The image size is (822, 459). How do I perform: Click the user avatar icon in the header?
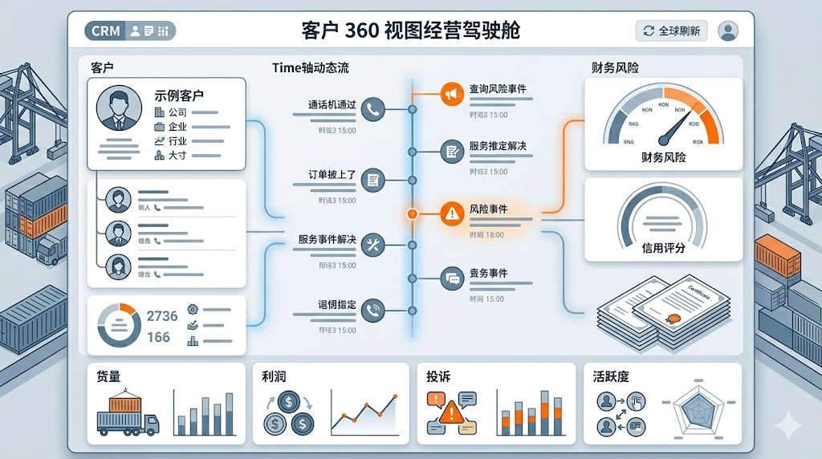click(728, 31)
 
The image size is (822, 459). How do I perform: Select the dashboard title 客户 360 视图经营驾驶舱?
click(410, 30)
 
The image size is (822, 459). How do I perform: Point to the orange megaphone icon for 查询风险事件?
click(452, 95)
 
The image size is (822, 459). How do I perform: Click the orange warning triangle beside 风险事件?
click(452, 213)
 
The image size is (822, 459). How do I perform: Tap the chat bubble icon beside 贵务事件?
click(452, 278)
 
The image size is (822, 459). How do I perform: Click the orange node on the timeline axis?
click(412, 214)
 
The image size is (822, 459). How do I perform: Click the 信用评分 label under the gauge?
click(664, 248)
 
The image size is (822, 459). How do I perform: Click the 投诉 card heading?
click(438, 376)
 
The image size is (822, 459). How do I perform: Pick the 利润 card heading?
click(275, 376)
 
